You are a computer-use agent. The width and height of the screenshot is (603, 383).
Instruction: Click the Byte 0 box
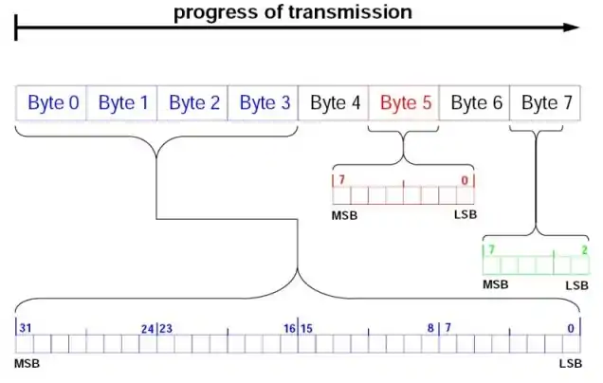coord(52,103)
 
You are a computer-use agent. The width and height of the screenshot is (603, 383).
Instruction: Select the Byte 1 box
coord(123,103)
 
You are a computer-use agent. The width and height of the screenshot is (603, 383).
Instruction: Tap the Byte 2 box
coord(193,103)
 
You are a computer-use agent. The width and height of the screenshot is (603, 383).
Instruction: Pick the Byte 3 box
coord(265,103)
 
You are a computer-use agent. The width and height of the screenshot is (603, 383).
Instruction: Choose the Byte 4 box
coord(335,103)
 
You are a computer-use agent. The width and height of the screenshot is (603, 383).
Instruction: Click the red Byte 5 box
coord(406,103)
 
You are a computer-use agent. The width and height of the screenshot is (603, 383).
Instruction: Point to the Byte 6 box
coord(476,103)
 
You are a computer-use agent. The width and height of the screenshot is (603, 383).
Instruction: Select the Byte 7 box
coord(546,103)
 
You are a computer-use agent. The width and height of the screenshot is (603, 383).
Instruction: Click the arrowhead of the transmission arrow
coord(572,27)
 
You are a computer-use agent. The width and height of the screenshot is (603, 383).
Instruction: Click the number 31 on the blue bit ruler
coord(27,328)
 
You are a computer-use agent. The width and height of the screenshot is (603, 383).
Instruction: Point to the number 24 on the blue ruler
coord(147,328)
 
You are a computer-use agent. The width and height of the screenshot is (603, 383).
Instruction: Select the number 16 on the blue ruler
coord(288,328)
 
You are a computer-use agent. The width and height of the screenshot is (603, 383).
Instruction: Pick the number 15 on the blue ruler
coord(307,328)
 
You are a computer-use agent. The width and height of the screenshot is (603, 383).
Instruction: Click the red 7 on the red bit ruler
coord(338,179)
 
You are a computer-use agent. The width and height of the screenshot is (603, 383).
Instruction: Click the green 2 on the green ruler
coord(583,249)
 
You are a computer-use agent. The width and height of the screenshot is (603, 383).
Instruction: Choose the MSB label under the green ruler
coord(496,284)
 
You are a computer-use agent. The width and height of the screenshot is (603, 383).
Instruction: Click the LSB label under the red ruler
coord(465,214)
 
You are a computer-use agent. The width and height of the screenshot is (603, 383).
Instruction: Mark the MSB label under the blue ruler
coord(27,364)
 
